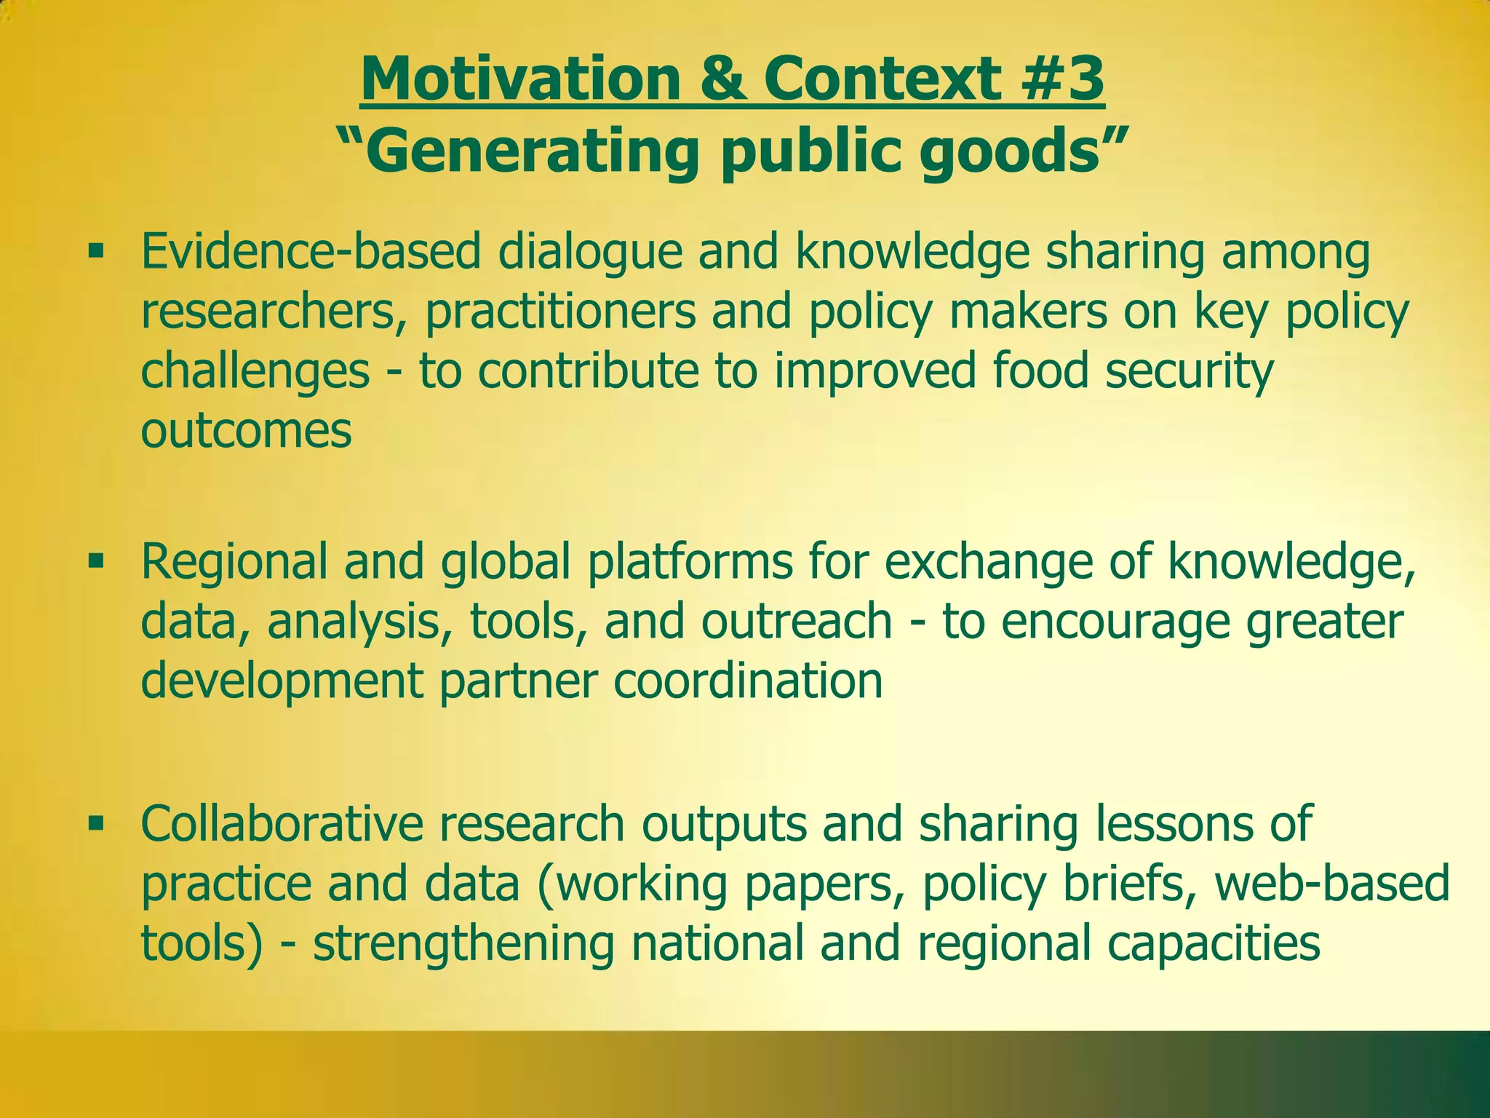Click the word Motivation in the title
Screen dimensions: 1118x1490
pos(519,79)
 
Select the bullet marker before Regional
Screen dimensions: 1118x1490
pos(95,561)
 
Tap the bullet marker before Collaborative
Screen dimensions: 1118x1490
pos(95,823)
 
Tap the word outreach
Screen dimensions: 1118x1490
pos(797,621)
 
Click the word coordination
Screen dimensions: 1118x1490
pos(748,681)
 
